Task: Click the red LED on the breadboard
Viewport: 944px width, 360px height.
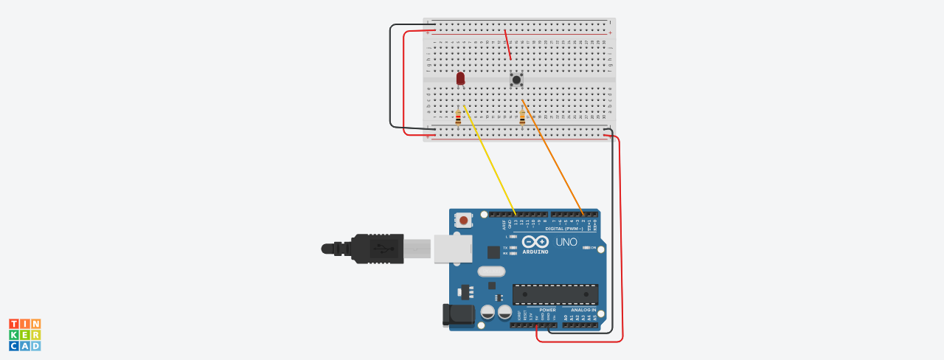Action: click(x=461, y=77)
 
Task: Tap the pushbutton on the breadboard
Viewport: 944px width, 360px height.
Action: click(x=517, y=80)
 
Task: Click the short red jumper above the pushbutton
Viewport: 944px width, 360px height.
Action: click(x=507, y=45)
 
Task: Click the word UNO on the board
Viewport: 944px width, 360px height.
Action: click(x=566, y=242)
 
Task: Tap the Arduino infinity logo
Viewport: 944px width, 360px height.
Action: click(x=535, y=242)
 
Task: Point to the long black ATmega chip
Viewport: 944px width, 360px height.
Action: click(x=555, y=294)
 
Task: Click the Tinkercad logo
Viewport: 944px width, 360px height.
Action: click(x=25, y=335)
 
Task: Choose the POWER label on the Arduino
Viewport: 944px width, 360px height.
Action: click(x=547, y=310)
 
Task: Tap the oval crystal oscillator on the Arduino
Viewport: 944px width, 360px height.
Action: click(x=491, y=271)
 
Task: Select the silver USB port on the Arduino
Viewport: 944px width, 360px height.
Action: click(x=452, y=249)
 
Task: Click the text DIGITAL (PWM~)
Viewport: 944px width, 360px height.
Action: click(x=564, y=229)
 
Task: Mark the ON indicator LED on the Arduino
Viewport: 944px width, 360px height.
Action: click(x=587, y=248)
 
